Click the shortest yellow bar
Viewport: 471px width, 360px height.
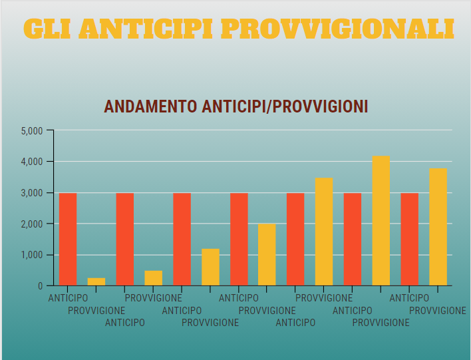click(96, 281)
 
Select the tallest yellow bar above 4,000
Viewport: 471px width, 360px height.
click(381, 221)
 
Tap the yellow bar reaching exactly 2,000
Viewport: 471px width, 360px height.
click(267, 255)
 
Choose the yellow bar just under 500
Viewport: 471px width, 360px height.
click(154, 278)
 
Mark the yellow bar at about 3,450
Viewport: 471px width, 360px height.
click(324, 232)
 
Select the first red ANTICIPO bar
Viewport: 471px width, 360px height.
click(68, 239)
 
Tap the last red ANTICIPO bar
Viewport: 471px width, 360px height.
click(410, 239)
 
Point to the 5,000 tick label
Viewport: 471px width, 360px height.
click(32, 130)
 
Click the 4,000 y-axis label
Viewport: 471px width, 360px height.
click(32, 162)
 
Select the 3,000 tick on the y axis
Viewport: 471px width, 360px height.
click(32, 193)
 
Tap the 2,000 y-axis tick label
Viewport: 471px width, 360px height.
click(32, 224)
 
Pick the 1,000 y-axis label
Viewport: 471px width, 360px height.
click(32, 255)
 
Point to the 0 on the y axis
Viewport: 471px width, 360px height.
click(41, 286)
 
